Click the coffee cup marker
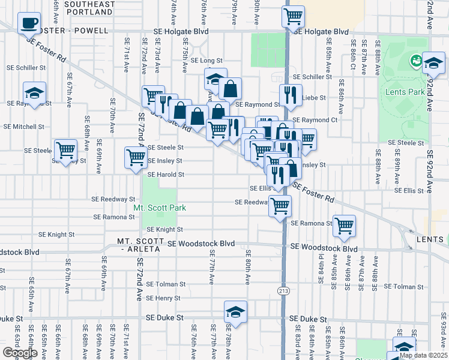tap(29, 23)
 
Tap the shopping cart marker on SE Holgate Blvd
tap(293, 17)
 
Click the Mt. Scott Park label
tap(159, 208)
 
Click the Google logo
tap(20, 353)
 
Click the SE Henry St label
tap(163, 298)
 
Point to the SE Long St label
tap(206, 61)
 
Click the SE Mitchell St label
tap(24, 127)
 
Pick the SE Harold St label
tap(165, 175)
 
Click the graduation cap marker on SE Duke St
tap(235, 312)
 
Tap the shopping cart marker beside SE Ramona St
tap(344, 226)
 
